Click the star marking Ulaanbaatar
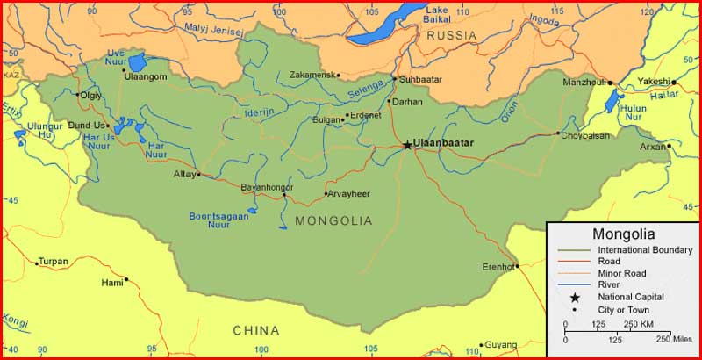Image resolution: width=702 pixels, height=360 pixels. click(407, 145)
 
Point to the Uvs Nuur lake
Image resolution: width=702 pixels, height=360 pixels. click(137, 61)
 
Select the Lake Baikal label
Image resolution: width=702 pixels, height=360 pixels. click(437, 14)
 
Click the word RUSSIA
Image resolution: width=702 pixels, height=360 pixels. click(452, 36)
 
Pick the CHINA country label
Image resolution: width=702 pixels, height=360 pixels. click(256, 331)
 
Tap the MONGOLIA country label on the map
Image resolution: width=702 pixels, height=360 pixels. click(333, 220)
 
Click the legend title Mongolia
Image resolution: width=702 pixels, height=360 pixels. click(623, 234)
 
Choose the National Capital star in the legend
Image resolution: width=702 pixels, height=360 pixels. click(574, 297)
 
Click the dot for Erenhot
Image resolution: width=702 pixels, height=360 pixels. click(517, 266)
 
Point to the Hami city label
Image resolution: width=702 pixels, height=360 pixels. click(112, 283)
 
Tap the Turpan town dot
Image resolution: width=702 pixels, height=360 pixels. click(37, 262)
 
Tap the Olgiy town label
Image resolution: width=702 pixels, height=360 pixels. click(90, 95)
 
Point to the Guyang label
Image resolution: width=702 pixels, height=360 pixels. click(501, 345)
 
